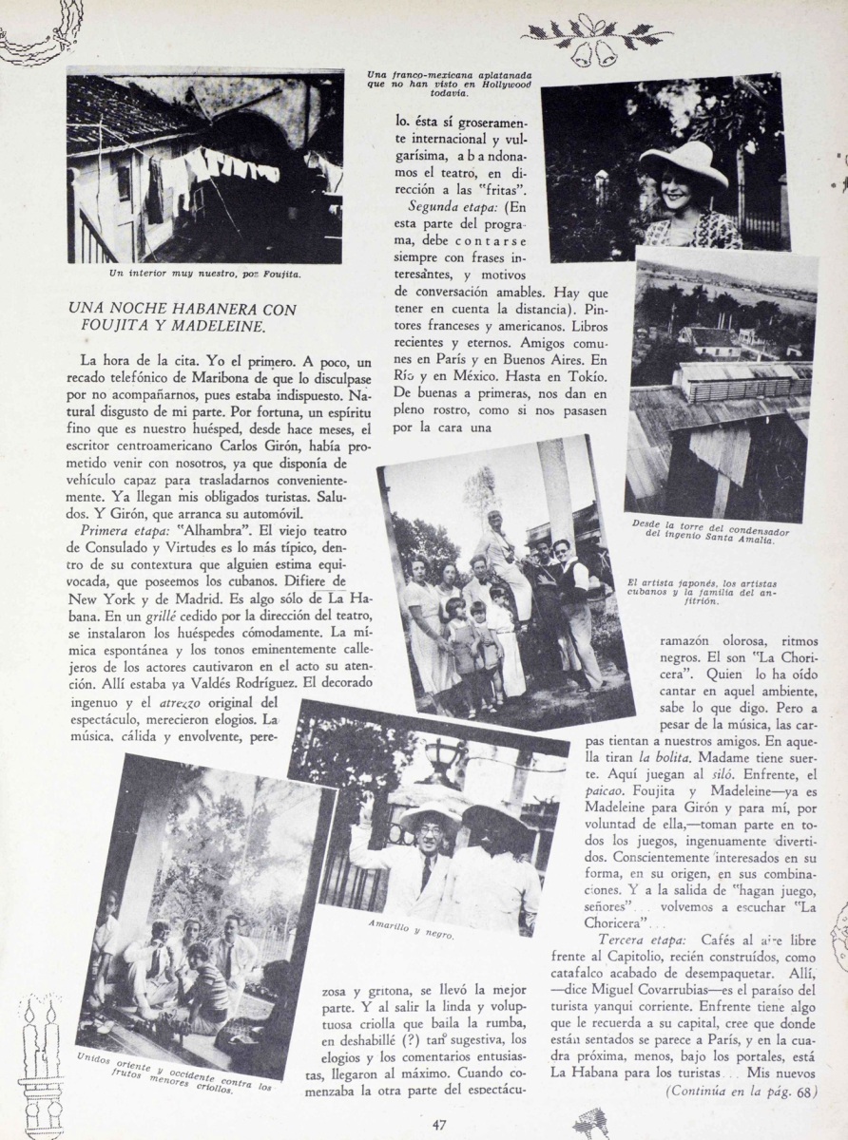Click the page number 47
(x=439, y=1126)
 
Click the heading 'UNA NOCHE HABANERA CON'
(x=183, y=310)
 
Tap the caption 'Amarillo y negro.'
(x=410, y=927)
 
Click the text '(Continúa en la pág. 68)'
(x=741, y=1092)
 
